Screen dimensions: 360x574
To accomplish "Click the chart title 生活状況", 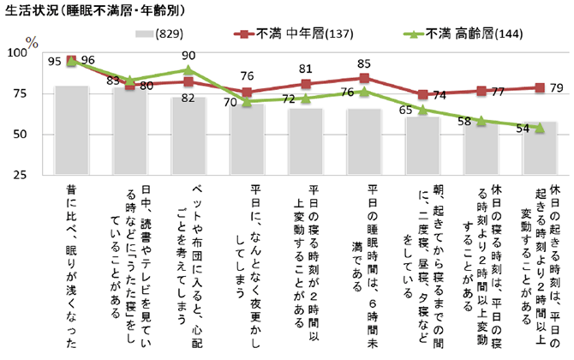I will (x=60, y=13).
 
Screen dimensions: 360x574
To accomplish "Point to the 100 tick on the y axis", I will (x=18, y=54).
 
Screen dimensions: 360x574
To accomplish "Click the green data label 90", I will (x=189, y=55).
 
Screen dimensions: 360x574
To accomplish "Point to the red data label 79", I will (x=554, y=87).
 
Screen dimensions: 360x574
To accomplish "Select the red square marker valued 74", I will (x=423, y=95).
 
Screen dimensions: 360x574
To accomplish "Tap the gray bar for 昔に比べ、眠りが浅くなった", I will (x=71, y=129).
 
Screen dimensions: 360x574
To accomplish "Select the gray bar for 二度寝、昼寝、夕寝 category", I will (x=423, y=146).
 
